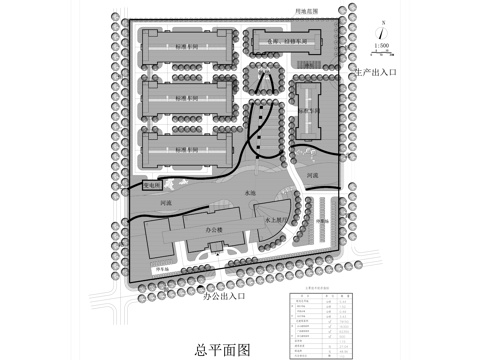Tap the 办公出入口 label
pyautogui.click(x=224, y=297)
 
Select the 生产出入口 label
pyautogui.click(x=376, y=74)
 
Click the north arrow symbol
pyautogui.click(x=382, y=28)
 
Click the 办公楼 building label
pyautogui.click(x=213, y=229)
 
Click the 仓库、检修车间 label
pyautogui.click(x=284, y=43)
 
